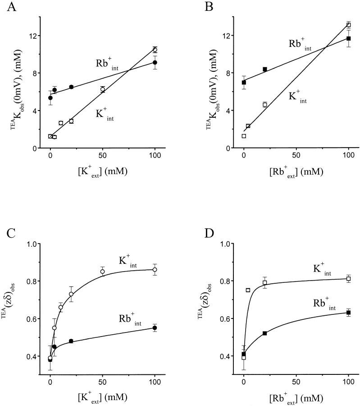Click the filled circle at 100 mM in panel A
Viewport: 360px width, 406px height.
(155, 62)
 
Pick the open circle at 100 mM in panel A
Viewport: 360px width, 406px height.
(155, 50)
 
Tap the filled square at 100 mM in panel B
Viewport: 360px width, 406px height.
(348, 38)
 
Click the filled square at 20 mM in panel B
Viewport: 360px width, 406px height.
(265, 69)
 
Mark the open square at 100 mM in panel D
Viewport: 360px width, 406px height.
(348, 279)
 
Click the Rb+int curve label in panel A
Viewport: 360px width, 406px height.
(104, 64)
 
